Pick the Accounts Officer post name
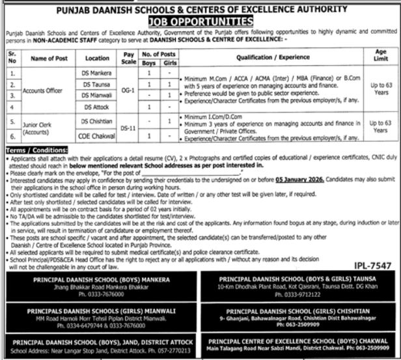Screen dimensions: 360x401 44,91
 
